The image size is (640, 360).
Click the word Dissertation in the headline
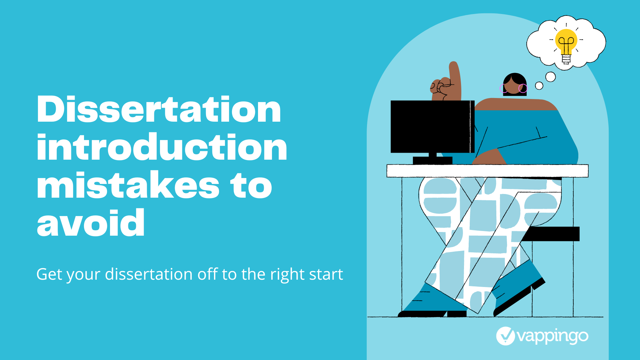[159, 109]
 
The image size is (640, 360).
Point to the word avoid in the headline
[91, 222]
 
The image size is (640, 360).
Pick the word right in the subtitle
[287, 275]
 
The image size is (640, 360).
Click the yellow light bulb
[566, 42]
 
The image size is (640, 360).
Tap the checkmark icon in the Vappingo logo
[506, 336]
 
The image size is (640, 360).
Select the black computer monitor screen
[432, 127]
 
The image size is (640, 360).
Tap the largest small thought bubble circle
[551, 77]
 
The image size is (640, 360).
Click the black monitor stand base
[433, 160]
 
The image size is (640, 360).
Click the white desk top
[487, 171]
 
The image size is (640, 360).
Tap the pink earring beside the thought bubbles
[523, 88]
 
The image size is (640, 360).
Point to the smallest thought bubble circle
[539, 86]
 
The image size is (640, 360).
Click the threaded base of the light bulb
[566, 59]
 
